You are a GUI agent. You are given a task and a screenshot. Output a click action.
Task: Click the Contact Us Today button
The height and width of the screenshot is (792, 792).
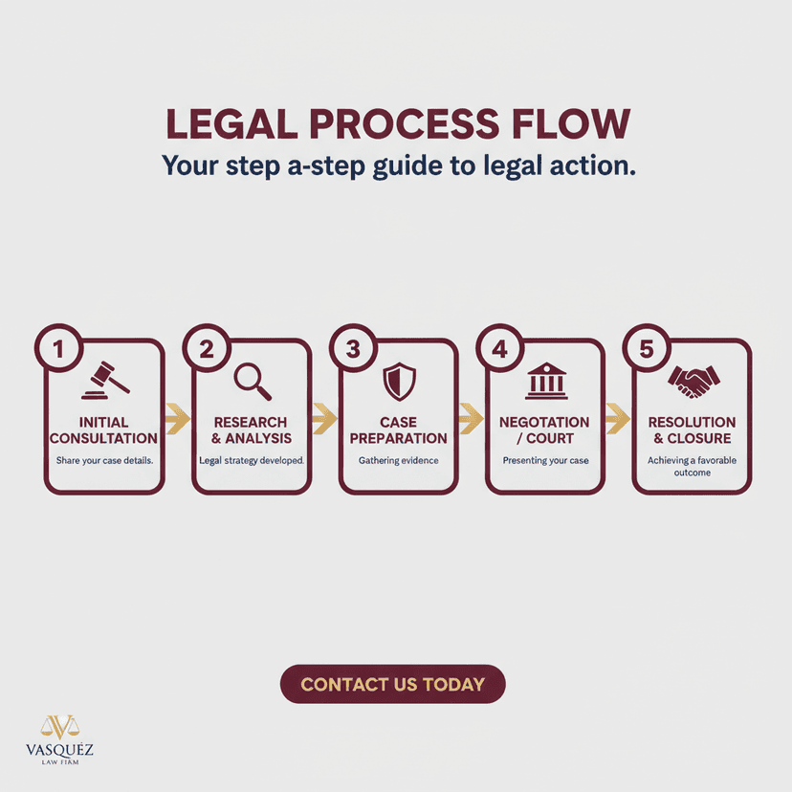point(392,684)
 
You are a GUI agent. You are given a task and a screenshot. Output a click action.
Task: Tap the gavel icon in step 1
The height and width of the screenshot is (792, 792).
point(105,381)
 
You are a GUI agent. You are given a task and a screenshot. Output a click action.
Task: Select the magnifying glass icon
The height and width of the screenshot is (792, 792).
point(253,382)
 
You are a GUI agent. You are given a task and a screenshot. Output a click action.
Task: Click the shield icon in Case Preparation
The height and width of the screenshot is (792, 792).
point(399,382)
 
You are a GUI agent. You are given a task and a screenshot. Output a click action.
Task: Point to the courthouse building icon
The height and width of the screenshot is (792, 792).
point(546,381)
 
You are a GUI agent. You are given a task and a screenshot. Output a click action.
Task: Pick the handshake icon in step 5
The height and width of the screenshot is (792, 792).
point(693,382)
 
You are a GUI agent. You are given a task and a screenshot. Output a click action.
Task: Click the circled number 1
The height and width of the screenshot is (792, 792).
point(58,348)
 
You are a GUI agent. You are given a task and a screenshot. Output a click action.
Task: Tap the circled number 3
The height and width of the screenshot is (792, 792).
point(353,348)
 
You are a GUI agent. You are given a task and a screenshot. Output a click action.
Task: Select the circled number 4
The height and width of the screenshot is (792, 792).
point(499,348)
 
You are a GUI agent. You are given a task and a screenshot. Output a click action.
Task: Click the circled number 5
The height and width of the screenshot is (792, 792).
point(647,348)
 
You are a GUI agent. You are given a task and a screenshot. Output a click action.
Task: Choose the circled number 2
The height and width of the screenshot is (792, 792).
point(206,348)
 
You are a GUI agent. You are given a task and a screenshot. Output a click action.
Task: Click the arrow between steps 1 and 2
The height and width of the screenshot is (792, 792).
point(178,419)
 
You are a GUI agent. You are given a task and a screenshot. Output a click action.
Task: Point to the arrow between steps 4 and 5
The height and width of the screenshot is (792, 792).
point(618,419)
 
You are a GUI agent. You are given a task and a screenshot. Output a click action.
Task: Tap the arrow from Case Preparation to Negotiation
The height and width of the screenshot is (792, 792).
point(472,419)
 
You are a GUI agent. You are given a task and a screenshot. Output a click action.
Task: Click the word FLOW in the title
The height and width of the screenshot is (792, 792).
point(571,123)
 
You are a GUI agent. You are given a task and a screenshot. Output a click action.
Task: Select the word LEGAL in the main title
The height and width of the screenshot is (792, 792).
point(231,123)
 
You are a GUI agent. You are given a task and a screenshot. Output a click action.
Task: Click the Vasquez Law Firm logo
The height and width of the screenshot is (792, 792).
point(59,739)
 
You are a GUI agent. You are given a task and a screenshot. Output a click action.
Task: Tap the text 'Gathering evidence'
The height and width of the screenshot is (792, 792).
point(399,460)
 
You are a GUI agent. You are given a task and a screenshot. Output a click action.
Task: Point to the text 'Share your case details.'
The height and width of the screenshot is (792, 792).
point(104,460)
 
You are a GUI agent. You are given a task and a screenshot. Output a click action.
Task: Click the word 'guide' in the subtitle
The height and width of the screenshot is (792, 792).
point(407,166)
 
